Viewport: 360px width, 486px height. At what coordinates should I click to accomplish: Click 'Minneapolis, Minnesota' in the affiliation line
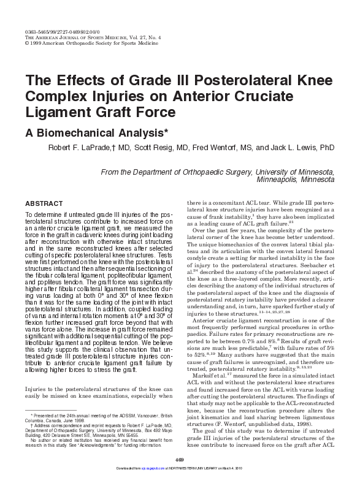tap(296, 181)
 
